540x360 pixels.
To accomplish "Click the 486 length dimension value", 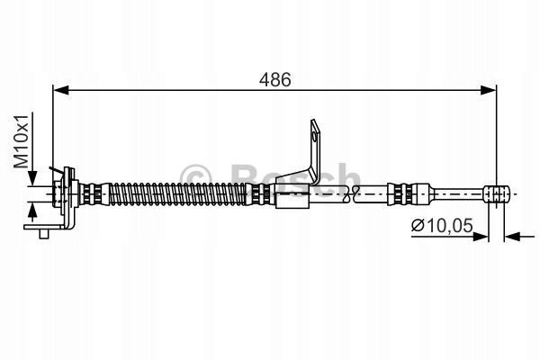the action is pos(274,79).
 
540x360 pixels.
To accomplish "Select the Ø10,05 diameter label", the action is pos(442,226).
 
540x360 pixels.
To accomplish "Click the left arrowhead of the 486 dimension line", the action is pos(61,90).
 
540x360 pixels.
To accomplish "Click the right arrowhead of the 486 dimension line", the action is pos(489,90).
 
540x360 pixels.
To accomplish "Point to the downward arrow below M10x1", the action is pos(32,177).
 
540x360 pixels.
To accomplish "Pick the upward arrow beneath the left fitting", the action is pos(32,211).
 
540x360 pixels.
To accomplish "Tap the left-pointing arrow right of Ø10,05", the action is pos(519,237).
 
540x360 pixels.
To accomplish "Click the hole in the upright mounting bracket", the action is pos(314,137).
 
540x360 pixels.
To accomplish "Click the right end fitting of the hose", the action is pos(497,194).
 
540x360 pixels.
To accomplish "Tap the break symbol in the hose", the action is pos(351,193).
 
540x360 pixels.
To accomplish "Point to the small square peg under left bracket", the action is pos(44,234).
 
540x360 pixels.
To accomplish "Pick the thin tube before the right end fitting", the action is pos(458,193).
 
